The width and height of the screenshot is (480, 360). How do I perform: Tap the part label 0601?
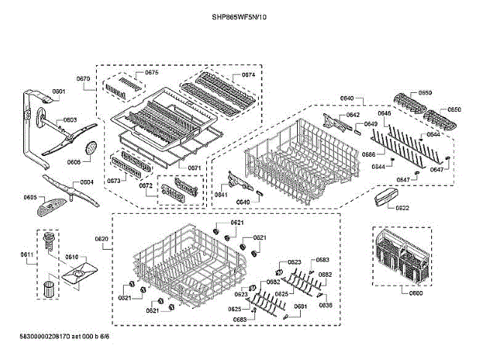click(59, 92)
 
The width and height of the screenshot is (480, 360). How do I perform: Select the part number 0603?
click(70, 120)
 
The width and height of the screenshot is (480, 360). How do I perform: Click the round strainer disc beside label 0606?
click(91, 147)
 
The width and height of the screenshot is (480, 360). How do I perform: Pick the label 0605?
click(30, 197)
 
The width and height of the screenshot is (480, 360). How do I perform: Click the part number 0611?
click(27, 255)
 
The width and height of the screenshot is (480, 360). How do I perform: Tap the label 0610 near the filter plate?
click(71, 257)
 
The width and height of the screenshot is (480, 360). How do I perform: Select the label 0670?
click(83, 79)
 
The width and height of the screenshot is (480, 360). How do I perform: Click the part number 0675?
click(151, 73)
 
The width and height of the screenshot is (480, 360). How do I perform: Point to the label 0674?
click(247, 76)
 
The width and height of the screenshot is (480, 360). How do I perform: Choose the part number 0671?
click(193, 168)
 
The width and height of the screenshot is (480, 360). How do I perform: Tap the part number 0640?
click(346, 98)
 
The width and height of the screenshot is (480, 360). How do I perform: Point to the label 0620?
click(102, 239)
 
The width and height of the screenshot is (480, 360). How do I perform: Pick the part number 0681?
click(300, 306)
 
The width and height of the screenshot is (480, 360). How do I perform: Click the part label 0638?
click(325, 305)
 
